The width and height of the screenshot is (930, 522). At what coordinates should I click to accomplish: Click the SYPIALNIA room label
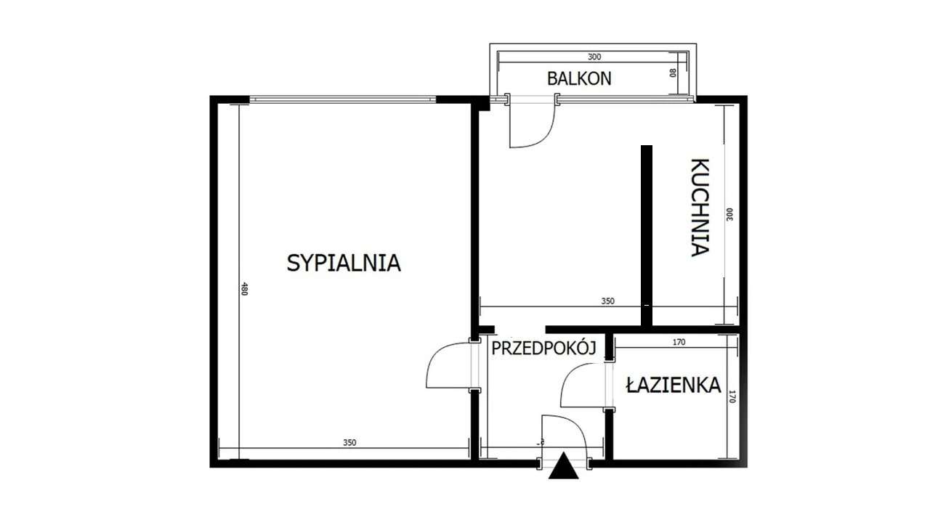point(344,262)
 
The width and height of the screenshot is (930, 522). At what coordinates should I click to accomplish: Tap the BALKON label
point(579,78)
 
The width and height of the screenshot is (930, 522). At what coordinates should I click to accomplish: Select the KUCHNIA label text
point(699,208)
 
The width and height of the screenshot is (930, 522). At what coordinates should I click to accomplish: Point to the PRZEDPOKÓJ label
point(543,348)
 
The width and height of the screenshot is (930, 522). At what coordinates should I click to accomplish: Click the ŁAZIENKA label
point(673,385)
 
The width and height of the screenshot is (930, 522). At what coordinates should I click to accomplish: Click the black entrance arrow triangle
point(563,466)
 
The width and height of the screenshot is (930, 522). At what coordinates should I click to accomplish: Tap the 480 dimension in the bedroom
point(245,290)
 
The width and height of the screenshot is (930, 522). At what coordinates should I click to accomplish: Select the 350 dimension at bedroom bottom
point(350,443)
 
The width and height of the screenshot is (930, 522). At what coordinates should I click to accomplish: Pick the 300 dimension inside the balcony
point(594,57)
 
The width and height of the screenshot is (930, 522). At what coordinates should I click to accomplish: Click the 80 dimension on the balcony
point(673,73)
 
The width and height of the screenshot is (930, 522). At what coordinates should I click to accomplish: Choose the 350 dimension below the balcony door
point(607,301)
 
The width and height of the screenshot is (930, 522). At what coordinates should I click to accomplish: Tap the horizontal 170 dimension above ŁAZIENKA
point(679,342)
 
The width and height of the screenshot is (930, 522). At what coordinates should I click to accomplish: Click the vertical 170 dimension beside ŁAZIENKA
point(732,397)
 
